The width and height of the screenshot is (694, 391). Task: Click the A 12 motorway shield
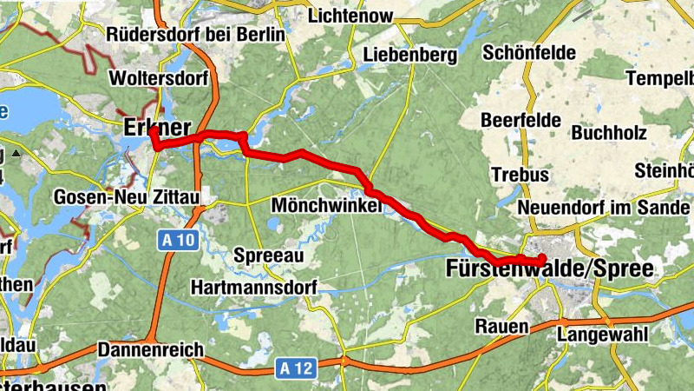click(296, 368)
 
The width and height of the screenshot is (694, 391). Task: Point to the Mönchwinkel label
click(326, 205)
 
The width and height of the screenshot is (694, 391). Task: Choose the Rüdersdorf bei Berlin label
click(195, 35)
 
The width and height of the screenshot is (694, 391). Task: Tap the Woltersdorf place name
click(159, 78)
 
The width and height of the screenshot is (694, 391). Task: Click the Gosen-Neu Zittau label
click(127, 197)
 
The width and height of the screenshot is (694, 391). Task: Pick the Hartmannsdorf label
click(253, 287)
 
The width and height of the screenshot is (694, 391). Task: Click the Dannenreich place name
click(151, 349)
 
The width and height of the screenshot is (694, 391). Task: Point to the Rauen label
click(501, 327)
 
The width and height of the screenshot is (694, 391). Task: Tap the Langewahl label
click(596, 334)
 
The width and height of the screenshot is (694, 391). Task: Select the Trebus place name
click(520, 175)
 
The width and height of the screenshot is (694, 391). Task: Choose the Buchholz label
click(606, 134)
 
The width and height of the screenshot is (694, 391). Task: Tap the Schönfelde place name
click(528, 53)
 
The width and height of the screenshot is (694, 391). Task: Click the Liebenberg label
click(409, 56)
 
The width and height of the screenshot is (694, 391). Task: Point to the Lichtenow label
click(350, 16)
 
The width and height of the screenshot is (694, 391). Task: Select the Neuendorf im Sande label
click(604, 209)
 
